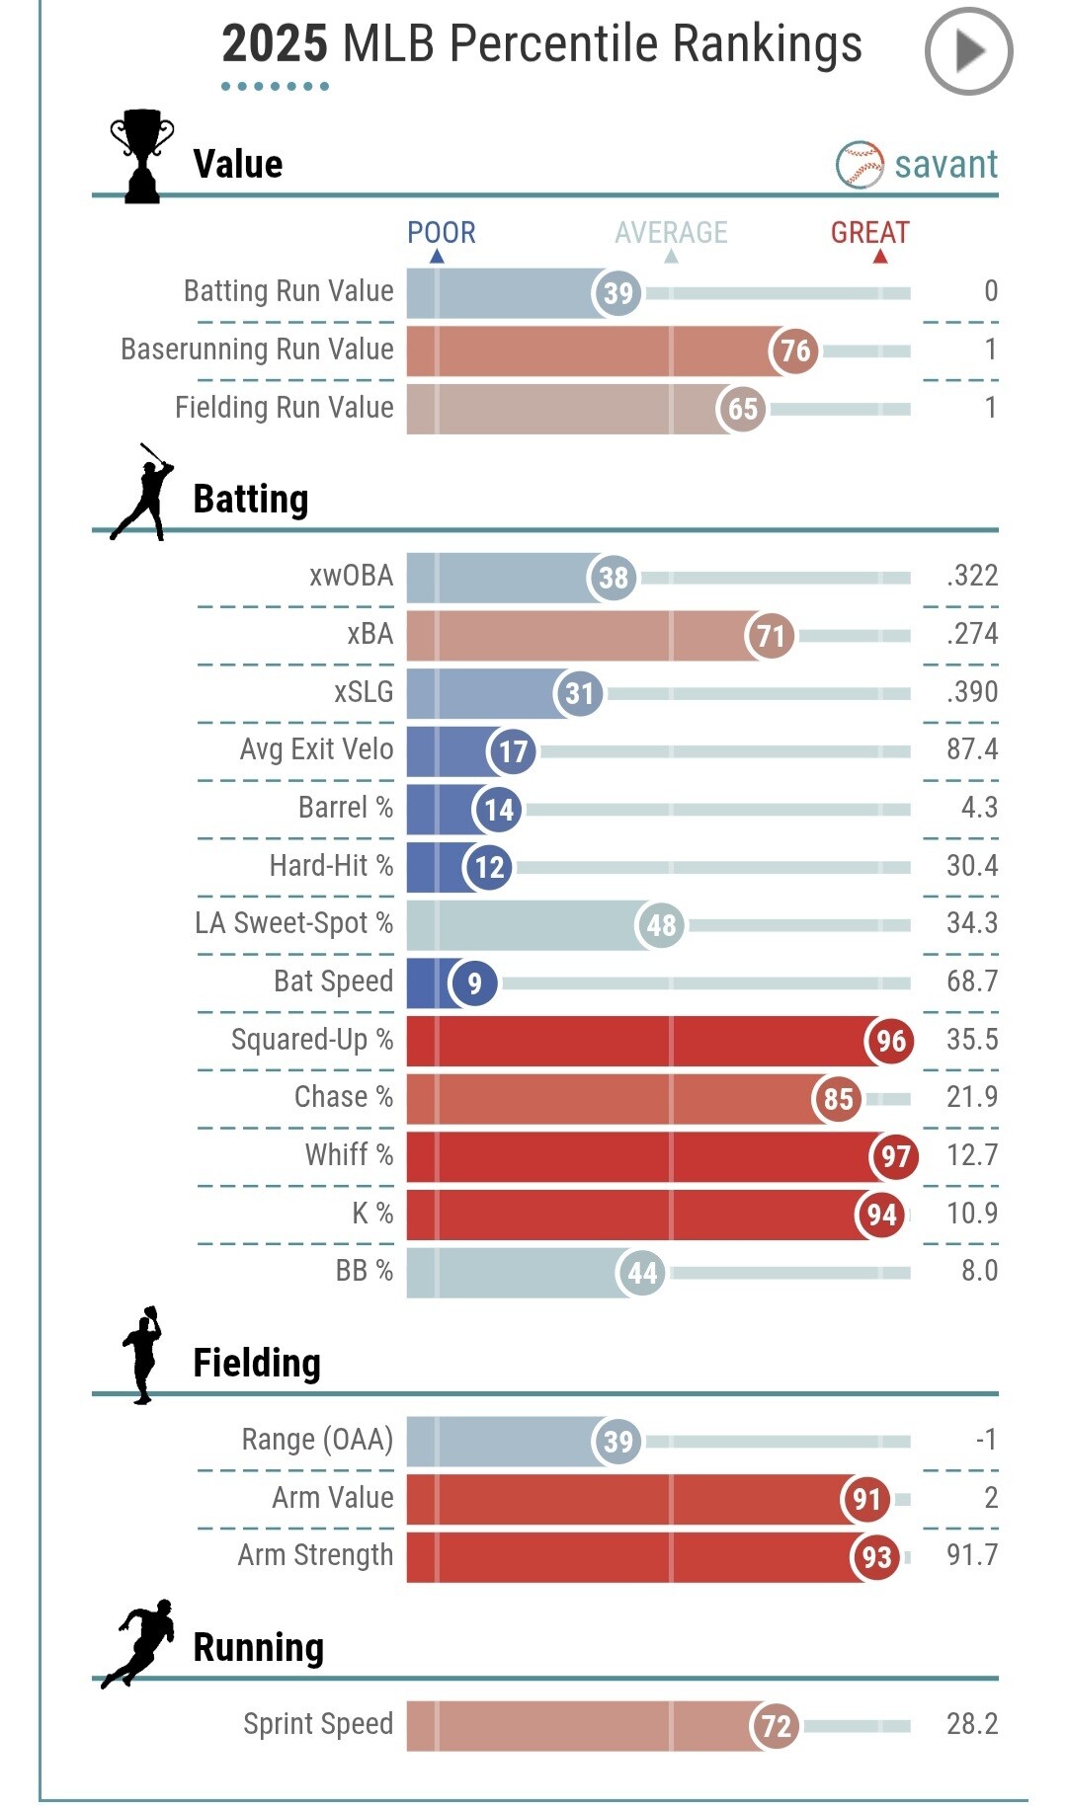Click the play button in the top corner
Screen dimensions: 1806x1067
point(968,51)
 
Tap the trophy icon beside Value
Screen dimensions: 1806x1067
point(142,156)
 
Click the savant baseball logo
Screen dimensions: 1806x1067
point(860,165)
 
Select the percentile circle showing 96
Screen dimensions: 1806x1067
point(890,1041)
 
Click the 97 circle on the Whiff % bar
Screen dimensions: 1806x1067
point(895,1156)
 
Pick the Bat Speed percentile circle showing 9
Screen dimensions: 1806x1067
point(474,983)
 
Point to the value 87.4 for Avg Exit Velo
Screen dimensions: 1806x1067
point(971,749)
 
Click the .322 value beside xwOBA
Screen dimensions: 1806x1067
point(972,576)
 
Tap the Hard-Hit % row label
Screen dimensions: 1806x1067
point(331,866)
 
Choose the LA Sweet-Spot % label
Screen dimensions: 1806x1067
point(293,923)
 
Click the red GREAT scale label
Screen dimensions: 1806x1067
point(869,233)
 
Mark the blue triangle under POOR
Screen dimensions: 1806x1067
point(437,257)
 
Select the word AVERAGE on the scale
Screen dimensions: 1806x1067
point(671,233)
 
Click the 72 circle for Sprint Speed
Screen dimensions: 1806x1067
point(776,1726)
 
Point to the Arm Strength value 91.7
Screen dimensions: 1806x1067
point(971,1555)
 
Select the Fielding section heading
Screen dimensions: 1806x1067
point(257,1364)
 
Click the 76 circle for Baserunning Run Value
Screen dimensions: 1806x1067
point(794,351)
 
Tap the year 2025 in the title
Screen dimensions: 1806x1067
point(274,44)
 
